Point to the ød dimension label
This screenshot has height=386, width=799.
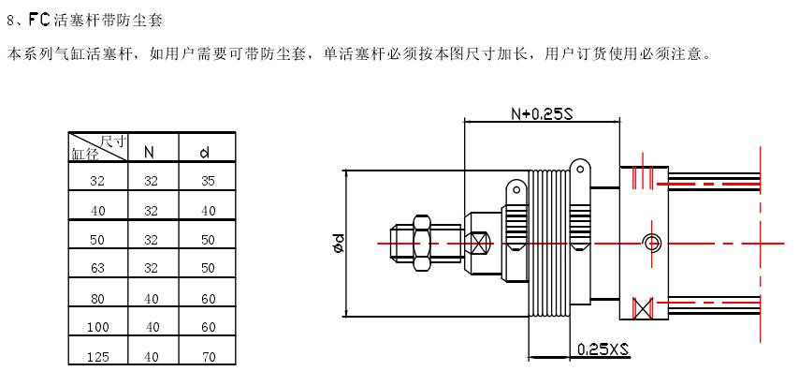(x=336, y=243)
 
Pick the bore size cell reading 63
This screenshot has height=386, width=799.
(x=97, y=270)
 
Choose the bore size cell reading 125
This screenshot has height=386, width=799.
(x=97, y=356)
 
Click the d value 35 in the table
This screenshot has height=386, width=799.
(x=208, y=181)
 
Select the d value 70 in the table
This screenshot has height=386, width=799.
(x=208, y=356)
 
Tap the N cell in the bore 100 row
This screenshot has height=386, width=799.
(x=151, y=327)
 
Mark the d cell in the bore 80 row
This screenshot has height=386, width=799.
(x=208, y=299)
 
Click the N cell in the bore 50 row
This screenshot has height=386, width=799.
(x=151, y=240)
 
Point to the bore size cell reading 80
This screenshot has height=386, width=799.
(x=97, y=299)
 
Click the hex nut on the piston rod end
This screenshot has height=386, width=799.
(x=420, y=243)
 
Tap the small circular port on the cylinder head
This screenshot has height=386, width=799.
(x=651, y=243)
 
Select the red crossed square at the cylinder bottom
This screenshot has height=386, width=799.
(x=642, y=306)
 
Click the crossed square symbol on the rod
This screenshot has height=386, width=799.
(x=480, y=243)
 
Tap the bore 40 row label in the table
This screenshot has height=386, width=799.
(x=97, y=211)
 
